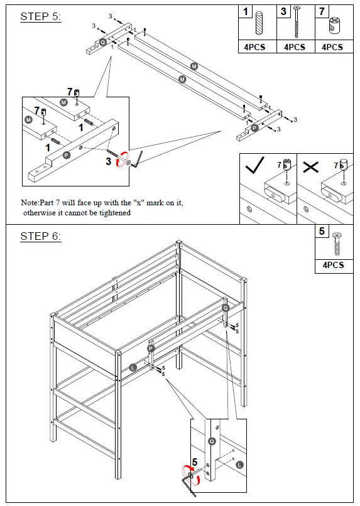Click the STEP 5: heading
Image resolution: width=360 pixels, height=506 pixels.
click(x=41, y=17)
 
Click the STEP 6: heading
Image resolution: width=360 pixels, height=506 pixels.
click(x=41, y=237)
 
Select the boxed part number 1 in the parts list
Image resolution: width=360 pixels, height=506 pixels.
click(x=246, y=12)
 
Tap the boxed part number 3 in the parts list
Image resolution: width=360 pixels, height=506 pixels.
click(x=284, y=12)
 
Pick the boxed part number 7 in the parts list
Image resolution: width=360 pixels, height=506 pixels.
click(x=322, y=12)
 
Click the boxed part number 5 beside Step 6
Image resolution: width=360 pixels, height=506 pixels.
click(x=322, y=232)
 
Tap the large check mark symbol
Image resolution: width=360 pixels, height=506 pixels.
click(x=256, y=166)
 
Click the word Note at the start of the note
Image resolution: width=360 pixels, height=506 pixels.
click(x=30, y=203)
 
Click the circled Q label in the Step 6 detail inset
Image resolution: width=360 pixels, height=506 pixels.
click(x=210, y=442)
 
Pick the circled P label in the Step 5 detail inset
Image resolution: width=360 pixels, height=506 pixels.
click(x=66, y=153)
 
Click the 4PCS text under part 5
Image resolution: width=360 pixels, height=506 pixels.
click(x=333, y=265)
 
